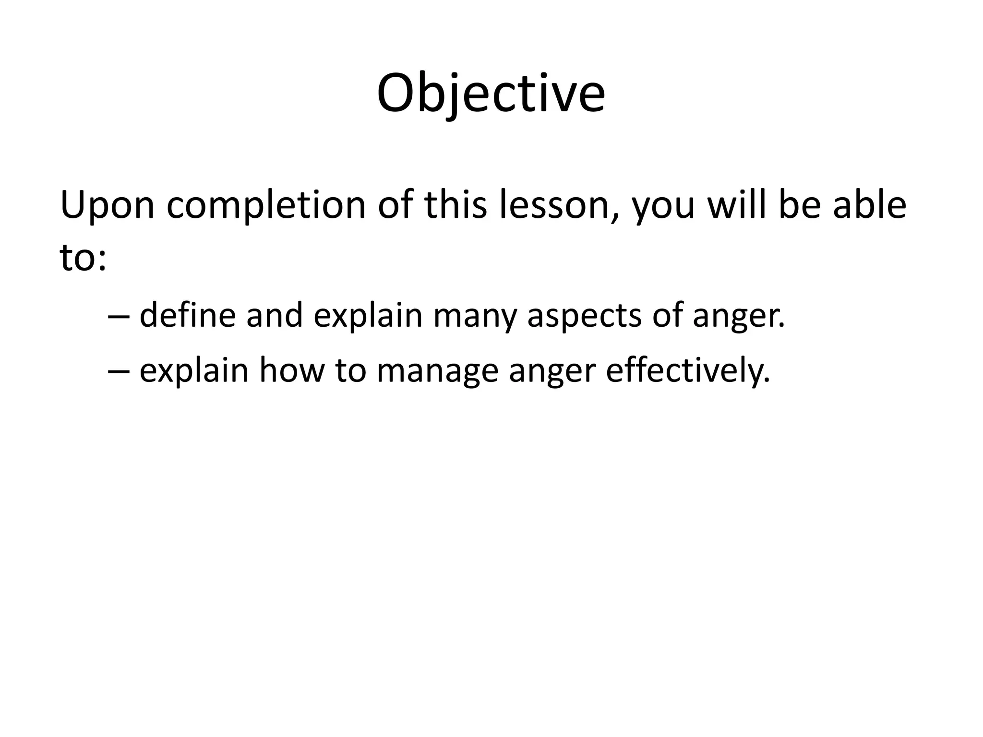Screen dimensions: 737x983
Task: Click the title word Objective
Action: click(x=491, y=94)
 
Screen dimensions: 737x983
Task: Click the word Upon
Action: click(x=107, y=205)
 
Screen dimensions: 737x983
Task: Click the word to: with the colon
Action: click(x=83, y=258)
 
